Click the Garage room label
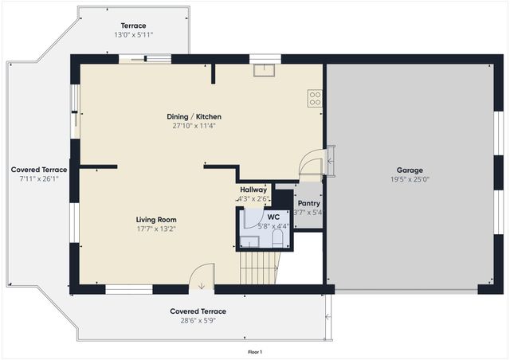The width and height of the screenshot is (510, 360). tap(410, 170)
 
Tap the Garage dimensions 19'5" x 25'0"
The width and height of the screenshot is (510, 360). tap(410, 179)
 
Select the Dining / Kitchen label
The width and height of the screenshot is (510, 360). tap(194, 116)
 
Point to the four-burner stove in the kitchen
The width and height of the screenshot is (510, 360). tap(315, 99)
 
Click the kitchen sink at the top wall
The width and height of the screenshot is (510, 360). tap(265, 69)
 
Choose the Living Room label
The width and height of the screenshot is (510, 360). tap(156, 219)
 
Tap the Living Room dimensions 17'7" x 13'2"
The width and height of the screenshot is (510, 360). tap(156, 229)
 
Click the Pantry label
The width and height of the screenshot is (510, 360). tap(308, 203)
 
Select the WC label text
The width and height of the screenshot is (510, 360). tap(273, 216)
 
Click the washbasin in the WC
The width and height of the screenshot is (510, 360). tap(249, 241)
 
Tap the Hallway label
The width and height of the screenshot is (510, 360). tap(253, 190)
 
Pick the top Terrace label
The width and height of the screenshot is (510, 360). tap(133, 25)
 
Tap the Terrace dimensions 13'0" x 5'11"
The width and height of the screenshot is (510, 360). tap(133, 35)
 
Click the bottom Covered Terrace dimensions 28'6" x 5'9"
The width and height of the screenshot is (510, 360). tap(198, 320)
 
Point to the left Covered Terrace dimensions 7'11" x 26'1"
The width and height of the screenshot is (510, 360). tap(38, 179)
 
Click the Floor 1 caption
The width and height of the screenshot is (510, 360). tap(255, 351)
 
